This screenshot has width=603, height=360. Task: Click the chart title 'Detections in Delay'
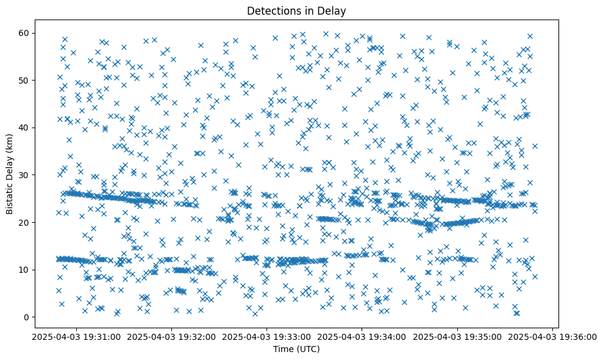[296, 10]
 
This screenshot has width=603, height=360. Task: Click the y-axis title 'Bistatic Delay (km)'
[10, 175]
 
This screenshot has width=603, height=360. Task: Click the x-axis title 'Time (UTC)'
[296, 350]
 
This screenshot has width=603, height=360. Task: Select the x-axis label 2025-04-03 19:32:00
[171, 337]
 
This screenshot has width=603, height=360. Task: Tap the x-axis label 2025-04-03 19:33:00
[266, 337]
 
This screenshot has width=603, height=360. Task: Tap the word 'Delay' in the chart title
[332, 10]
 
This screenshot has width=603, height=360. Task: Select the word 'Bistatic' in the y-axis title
[10, 198]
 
